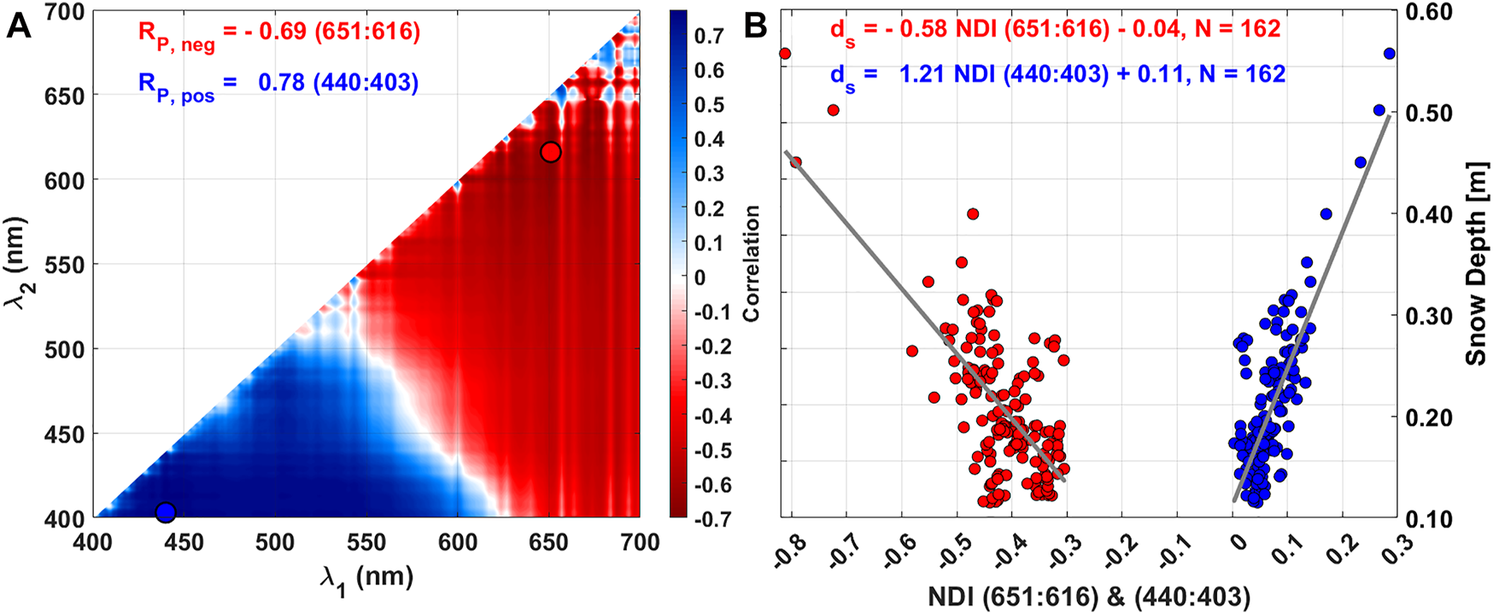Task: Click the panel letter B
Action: (x=756, y=26)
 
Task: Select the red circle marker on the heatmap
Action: (x=551, y=152)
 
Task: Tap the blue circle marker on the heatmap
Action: (x=166, y=512)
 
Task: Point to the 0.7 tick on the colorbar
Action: (x=709, y=36)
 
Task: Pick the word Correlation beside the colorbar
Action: (x=751, y=263)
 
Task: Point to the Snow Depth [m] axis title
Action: (x=1477, y=266)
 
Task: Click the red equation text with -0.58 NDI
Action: (x=1055, y=31)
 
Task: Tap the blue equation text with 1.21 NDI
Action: (x=1057, y=75)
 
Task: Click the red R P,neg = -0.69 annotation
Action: (x=279, y=33)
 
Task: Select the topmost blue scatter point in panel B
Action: (x=1389, y=54)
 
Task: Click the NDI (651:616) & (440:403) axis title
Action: (x=1089, y=597)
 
